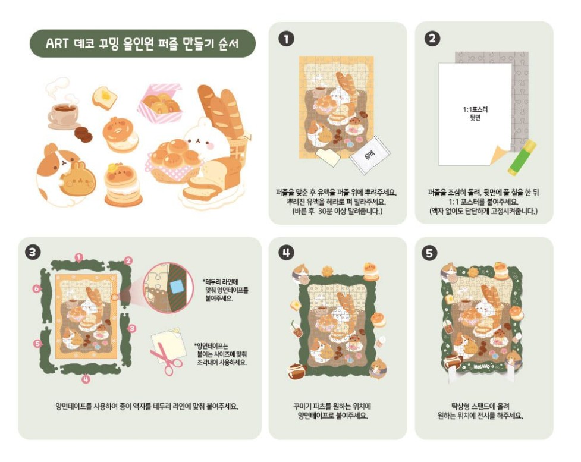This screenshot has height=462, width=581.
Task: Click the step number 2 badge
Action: pos(432,39)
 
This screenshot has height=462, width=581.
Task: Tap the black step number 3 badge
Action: pos(34,252)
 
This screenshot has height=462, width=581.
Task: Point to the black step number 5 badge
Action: pos(432,252)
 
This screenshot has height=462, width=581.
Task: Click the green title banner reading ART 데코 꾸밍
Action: pos(142,43)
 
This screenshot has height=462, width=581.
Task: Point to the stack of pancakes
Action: pos(123,186)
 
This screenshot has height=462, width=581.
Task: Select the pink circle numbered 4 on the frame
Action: pos(86,379)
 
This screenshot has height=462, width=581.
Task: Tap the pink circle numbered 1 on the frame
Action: pos(79,257)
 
